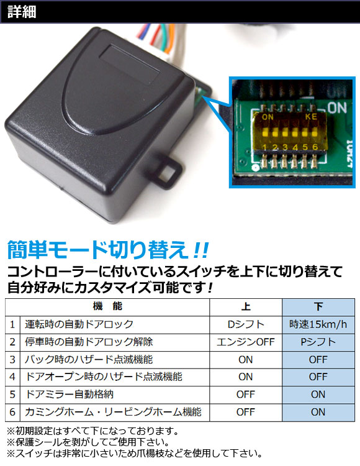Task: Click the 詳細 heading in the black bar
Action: (22, 12)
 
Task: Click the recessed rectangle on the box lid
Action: (130, 65)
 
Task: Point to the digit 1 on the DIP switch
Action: (264, 147)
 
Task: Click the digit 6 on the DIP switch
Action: (315, 147)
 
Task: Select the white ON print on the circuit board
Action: (337, 107)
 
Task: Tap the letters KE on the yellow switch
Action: (311, 117)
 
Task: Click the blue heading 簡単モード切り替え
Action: (97, 250)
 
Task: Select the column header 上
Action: (245, 307)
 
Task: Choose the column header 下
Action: (318, 307)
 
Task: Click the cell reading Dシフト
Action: (245, 324)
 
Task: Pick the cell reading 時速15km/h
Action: (318, 324)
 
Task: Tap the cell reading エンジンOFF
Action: (245, 342)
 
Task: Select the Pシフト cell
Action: (318, 342)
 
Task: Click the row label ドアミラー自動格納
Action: (69, 395)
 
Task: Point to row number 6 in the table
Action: (12, 412)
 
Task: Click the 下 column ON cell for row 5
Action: (318, 395)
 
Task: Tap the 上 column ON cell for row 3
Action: (245, 360)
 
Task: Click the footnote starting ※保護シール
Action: (88, 442)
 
